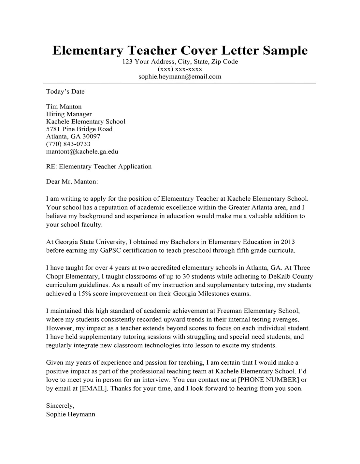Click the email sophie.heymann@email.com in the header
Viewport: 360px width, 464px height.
(180, 77)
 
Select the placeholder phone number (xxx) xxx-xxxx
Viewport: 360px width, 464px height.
(180, 69)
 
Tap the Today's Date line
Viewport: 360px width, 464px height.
(65, 92)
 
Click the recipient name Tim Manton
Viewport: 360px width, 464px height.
(64, 107)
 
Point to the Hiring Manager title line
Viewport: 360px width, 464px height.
(69, 114)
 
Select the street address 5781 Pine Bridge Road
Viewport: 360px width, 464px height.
(79, 129)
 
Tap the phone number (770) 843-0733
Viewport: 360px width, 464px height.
(68, 144)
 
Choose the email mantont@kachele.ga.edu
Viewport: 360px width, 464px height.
(82, 152)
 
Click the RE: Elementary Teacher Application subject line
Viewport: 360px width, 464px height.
(99, 167)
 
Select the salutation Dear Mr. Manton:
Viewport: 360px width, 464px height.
(72, 181)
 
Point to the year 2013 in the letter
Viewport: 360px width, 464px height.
(287, 242)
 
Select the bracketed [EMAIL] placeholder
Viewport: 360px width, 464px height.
(94, 388)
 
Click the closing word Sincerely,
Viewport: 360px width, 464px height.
(60, 406)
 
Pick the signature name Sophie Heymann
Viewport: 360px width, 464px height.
(71, 414)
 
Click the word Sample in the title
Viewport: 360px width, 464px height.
(285, 51)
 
